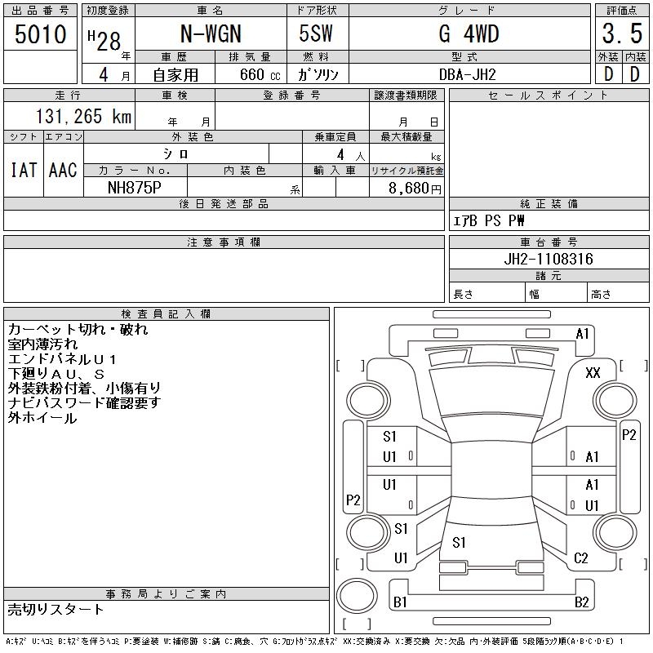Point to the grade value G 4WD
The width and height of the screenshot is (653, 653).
point(469,33)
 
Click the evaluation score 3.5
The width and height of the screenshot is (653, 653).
point(623,35)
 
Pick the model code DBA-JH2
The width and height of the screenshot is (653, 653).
point(468,73)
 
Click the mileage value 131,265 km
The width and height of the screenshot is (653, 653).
point(82,117)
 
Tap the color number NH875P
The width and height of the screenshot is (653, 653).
point(135,187)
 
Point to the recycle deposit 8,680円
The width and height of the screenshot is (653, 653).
point(415,188)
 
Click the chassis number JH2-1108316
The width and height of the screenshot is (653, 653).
point(549,259)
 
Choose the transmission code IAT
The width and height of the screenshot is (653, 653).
point(23,170)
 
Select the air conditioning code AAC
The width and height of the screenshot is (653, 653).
point(63,170)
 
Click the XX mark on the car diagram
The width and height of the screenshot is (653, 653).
point(593,372)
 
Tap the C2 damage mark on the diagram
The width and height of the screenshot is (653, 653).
point(580,558)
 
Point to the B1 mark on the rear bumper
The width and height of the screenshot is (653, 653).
point(400,602)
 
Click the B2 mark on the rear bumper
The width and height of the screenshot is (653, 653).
point(581,602)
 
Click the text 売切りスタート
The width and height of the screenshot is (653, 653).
point(56,609)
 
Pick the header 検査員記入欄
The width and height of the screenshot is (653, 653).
point(167,313)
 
